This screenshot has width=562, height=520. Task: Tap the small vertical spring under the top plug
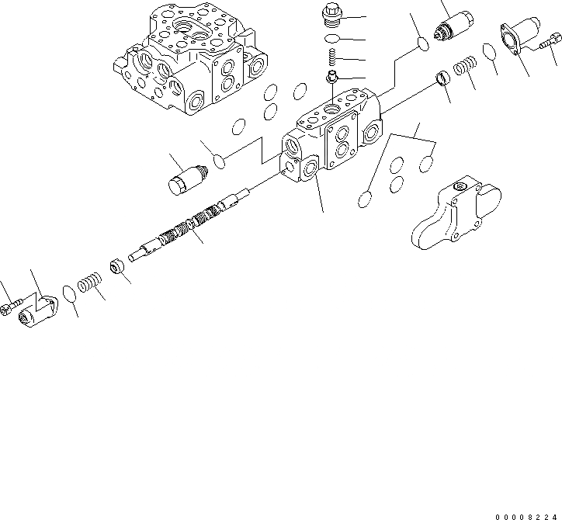(x=331, y=57)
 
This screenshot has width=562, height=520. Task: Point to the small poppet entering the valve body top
(x=331, y=76)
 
